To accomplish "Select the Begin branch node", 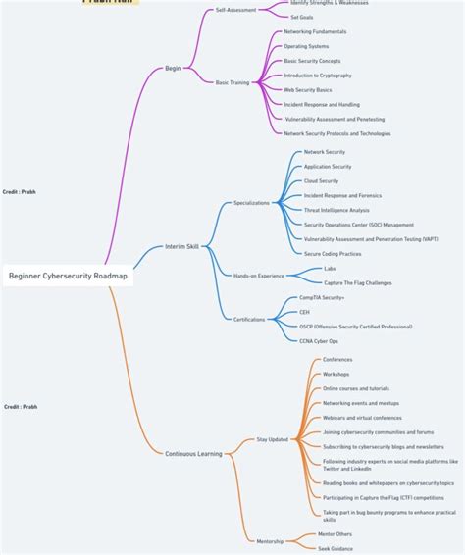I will [x=173, y=68].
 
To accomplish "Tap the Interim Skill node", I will [x=181, y=246].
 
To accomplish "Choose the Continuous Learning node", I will [x=194, y=453].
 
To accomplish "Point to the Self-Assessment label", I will [x=235, y=10].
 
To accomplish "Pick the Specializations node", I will [x=251, y=203].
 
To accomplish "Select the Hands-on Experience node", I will [x=258, y=276].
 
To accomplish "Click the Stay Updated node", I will [x=272, y=439].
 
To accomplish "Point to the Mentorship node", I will [x=270, y=541].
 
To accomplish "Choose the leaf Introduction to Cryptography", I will [x=317, y=76].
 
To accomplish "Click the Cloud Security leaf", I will [x=321, y=180].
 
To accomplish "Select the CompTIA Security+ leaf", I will [x=322, y=297].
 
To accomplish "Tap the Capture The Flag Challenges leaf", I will [x=357, y=282].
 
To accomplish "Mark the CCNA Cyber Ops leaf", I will [x=319, y=340].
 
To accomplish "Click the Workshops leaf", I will [x=336, y=374].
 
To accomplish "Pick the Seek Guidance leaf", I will [x=336, y=548].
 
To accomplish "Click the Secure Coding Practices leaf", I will [x=333, y=253].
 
